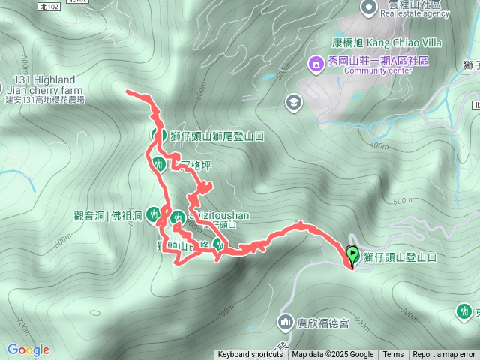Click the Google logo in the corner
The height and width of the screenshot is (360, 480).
click(28, 349)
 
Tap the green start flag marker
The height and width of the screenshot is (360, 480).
click(352, 256)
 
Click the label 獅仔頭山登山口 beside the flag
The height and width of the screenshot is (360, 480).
click(399, 257)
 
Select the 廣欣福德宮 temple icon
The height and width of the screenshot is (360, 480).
click(285, 323)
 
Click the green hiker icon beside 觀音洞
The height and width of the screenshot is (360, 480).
click(153, 215)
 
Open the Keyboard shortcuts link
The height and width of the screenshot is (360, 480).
click(250, 355)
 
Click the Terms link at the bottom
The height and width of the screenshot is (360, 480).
click(393, 355)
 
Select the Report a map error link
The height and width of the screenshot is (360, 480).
click(444, 355)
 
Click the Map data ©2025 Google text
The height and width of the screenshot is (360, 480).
click(332, 355)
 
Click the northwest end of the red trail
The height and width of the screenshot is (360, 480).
click(129, 92)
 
